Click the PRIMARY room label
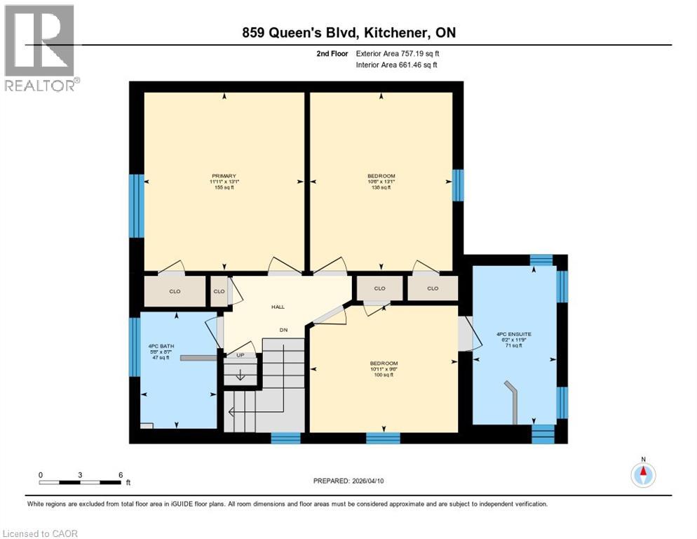(x=224, y=176)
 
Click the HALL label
(x=278, y=307)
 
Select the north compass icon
(x=642, y=475)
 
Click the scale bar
(x=80, y=482)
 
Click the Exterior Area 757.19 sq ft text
(x=398, y=53)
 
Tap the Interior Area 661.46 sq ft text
(x=396, y=65)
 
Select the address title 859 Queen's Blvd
(x=348, y=33)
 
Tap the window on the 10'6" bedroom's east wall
(x=458, y=185)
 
